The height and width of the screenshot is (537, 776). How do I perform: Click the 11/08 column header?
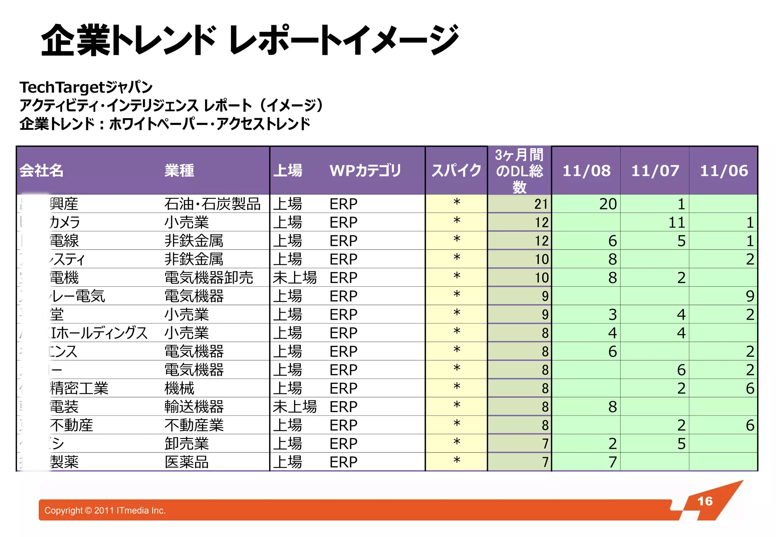[586, 171]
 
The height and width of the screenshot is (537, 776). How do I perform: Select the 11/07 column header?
[655, 171]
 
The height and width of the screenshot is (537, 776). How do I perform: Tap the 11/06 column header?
[724, 171]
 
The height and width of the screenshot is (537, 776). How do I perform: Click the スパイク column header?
[456, 171]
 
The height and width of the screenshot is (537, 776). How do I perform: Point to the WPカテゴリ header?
[365, 171]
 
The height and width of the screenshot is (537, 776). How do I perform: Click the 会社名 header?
[41, 171]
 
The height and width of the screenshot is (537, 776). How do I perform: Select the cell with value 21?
[541, 204]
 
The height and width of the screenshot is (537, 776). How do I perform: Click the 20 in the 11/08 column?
[608, 204]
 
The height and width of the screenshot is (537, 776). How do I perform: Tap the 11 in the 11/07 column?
[676, 223]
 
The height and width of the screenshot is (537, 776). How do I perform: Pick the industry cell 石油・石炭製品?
[212, 204]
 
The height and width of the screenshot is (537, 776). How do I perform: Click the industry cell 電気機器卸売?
[208, 278]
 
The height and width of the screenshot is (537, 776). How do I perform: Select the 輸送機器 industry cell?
[194, 407]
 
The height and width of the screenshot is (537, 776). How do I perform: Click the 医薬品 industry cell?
[186, 462]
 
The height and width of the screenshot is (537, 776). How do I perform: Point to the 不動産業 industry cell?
[194, 425]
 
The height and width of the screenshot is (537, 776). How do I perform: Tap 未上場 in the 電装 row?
[294, 407]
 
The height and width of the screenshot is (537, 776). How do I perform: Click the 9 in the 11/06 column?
[750, 296]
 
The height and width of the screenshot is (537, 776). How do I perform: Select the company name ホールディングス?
[99, 333]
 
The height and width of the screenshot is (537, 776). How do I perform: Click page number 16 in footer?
[705, 501]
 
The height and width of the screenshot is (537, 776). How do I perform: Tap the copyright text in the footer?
[105, 510]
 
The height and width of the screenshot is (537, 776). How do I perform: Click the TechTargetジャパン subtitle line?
[86, 87]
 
